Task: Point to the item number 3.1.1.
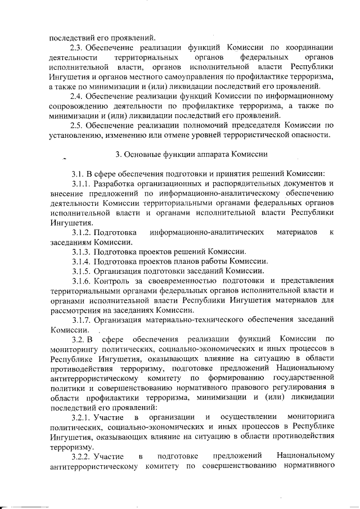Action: tap(82, 183)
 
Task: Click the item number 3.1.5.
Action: tap(82, 271)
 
